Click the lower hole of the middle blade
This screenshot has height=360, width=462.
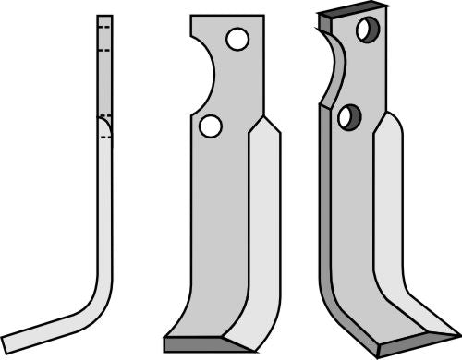click(211, 125)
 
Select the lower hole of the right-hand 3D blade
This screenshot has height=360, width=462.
click(349, 116)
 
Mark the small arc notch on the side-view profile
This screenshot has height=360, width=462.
click(106, 126)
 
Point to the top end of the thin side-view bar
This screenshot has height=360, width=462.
click(104, 17)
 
